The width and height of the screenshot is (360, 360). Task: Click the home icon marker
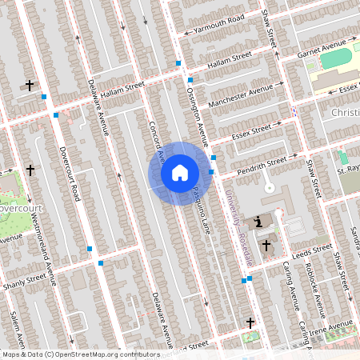coord(180,173)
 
